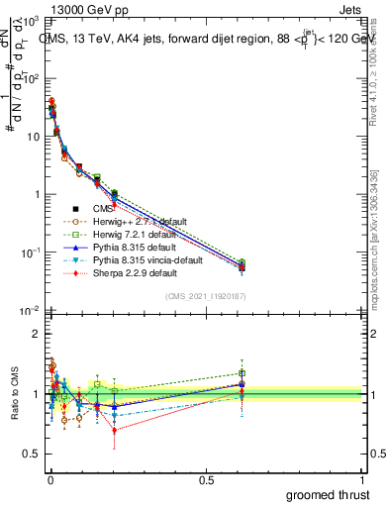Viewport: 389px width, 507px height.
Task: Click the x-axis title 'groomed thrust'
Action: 328,494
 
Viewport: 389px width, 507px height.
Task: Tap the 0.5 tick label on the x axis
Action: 206,478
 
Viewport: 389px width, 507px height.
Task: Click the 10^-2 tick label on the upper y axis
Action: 30,311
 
